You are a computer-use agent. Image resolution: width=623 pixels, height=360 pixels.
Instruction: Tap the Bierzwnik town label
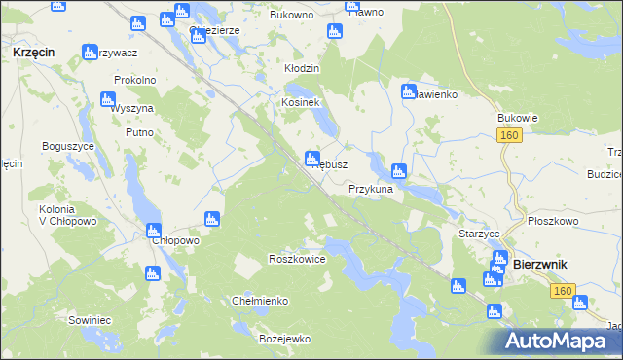click(x=540, y=264)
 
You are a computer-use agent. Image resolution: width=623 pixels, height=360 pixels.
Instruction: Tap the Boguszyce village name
click(x=67, y=146)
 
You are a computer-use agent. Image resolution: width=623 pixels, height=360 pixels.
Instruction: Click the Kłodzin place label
click(x=302, y=70)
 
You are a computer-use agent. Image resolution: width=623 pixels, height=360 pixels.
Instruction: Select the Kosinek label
click(x=301, y=102)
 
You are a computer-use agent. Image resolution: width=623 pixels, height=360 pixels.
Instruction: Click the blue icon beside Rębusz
click(x=311, y=157)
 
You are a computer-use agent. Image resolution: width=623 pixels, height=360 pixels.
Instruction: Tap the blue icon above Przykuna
click(x=398, y=170)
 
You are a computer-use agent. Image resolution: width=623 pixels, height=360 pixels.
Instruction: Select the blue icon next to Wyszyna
click(x=107, y=99)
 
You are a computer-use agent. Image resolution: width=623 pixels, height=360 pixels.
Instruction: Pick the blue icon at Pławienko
click(x=409, y=91)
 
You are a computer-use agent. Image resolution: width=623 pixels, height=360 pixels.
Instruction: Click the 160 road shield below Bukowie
click(x=510, y=137)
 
